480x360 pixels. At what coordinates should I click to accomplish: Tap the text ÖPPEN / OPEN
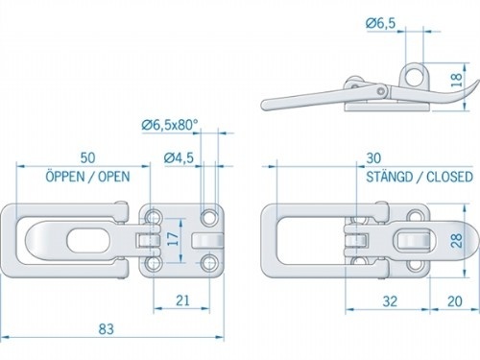point(85,177)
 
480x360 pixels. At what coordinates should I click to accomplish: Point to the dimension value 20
point(451,301)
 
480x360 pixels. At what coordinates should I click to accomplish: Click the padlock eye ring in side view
point(415,72)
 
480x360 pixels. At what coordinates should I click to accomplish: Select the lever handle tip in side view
point(266,106)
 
